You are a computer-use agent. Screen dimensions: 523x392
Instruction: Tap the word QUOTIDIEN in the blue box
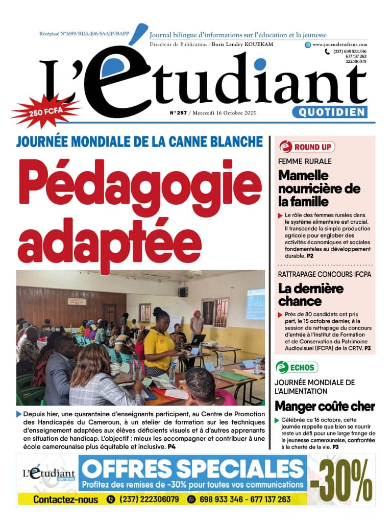tap(330, 112)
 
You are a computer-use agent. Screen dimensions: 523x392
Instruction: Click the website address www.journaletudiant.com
tap(340, 44)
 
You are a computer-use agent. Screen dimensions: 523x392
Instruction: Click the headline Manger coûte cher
tap(325, 407)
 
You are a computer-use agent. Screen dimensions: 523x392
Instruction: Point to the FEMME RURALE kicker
tap(304, 161)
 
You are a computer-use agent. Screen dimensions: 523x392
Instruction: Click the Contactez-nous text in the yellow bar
tap(65, 500)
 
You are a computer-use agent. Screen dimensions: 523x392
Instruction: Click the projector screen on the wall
tap(255, 303)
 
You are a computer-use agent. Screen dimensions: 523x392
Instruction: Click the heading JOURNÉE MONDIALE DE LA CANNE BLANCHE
tap(139, 141)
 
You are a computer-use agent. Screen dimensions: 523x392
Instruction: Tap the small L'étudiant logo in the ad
tap(49, 475)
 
